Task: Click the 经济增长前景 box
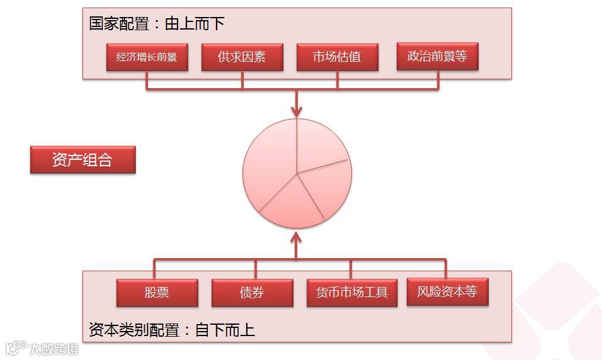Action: (147, 57)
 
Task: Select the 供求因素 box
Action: (242, 57)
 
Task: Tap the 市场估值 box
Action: (337, 57)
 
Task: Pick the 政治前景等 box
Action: (438, 57)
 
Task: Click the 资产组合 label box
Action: (82, 160)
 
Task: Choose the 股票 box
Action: (157, 293)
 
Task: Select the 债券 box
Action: (252, 293)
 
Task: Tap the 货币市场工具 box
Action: (351, 293)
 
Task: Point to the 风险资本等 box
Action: (447, 292)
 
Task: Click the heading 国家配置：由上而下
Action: (156, 24)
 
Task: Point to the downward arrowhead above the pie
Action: (297, 111)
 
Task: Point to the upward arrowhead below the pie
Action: (297, 238)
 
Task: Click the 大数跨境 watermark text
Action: (54, 348)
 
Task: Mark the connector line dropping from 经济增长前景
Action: (147, 81)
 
